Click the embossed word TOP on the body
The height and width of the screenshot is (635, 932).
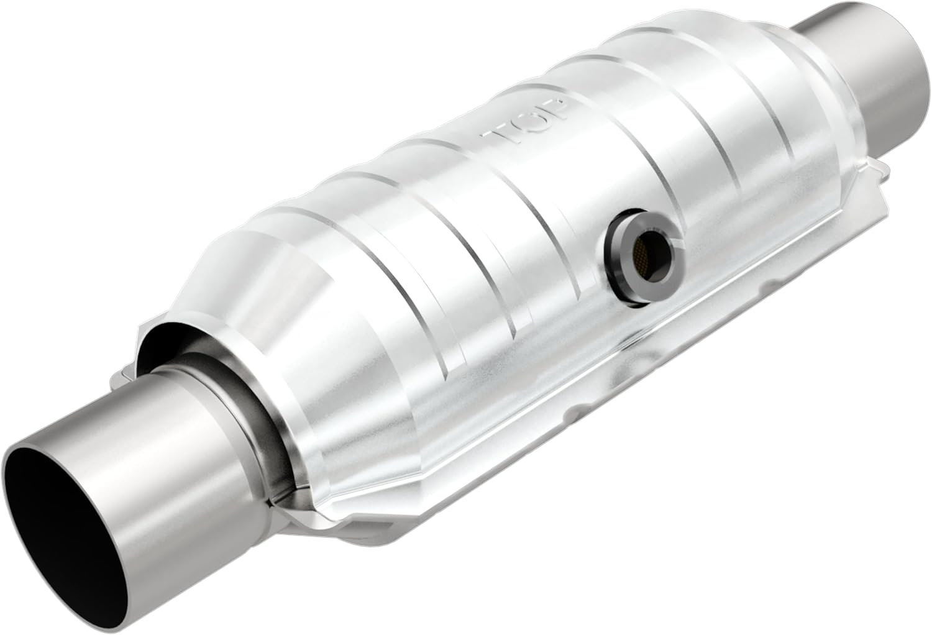click(x=528, y=121)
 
